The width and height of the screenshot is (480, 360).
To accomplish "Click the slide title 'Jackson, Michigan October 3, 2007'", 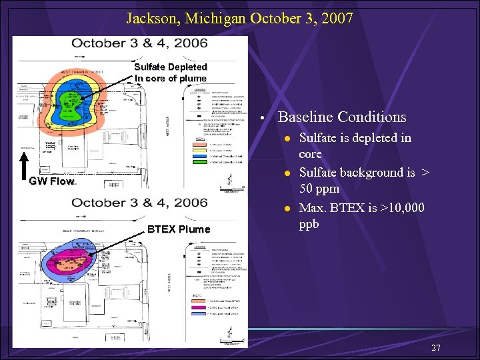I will [x=239, y=18].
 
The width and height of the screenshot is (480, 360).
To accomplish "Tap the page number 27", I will [x=436, y=347].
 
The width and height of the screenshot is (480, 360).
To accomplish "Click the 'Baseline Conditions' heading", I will [x=341, y=117].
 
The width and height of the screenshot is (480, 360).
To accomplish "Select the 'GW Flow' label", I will [x=51, y=181].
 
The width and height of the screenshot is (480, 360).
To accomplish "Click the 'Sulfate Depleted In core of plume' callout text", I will [x=170, y=73].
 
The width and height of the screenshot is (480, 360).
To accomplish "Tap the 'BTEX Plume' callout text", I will [x=178, y=229].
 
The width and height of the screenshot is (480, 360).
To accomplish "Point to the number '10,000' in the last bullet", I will [x=402, y=208].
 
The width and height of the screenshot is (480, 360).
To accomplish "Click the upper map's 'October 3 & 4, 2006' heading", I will [x=139, y=44].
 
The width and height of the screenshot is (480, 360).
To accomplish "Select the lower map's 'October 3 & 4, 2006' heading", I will [x=139, y=203].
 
